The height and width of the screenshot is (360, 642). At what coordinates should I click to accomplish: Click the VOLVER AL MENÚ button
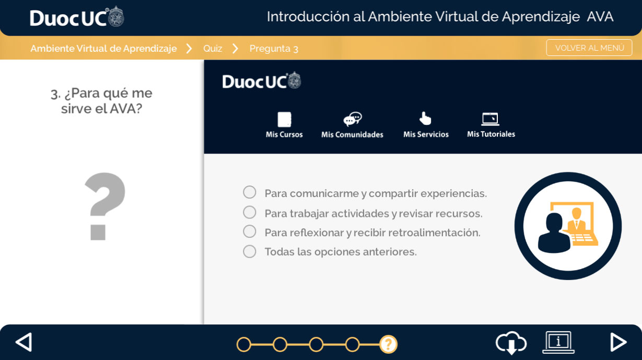[x=589, y=48]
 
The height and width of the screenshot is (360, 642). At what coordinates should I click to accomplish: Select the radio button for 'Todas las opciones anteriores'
[x=249, y=251]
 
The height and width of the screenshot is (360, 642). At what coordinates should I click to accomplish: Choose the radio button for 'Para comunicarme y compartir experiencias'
[x=249, y=192]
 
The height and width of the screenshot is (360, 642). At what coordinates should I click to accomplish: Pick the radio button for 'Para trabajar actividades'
[x=249, y=212]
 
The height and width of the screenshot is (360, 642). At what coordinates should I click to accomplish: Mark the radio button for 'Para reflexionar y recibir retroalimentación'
[x=249, y=231]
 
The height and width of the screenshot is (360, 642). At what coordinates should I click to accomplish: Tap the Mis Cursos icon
[x=284, y=119]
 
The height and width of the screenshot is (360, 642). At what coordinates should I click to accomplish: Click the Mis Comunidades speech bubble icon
[x=353, y=119]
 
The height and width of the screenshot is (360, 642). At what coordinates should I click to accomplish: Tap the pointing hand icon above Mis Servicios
[x=425, y=119]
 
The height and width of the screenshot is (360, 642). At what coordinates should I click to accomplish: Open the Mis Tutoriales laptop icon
[x=491, y=119]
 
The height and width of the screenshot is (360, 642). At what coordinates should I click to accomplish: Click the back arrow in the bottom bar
[x=24, y=342]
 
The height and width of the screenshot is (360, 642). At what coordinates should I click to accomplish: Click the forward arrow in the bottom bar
[x=618, y=342]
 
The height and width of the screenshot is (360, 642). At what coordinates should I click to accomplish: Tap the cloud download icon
[x=511, y=343]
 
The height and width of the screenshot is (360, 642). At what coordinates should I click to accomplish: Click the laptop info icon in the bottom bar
[x=558, y=342]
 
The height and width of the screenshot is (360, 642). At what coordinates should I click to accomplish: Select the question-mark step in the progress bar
[x=388, y=344]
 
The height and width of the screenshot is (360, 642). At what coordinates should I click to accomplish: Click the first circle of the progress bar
[x=243, y=344]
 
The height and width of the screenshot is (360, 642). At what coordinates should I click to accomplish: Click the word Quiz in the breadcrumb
[x=213, y=49]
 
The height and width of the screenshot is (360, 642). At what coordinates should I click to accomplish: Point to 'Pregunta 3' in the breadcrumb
[x=274, y=49]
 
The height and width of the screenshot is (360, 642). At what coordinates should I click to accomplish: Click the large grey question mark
[x=105, y=206]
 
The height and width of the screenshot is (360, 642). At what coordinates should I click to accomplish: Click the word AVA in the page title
[x=600, y=17]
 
